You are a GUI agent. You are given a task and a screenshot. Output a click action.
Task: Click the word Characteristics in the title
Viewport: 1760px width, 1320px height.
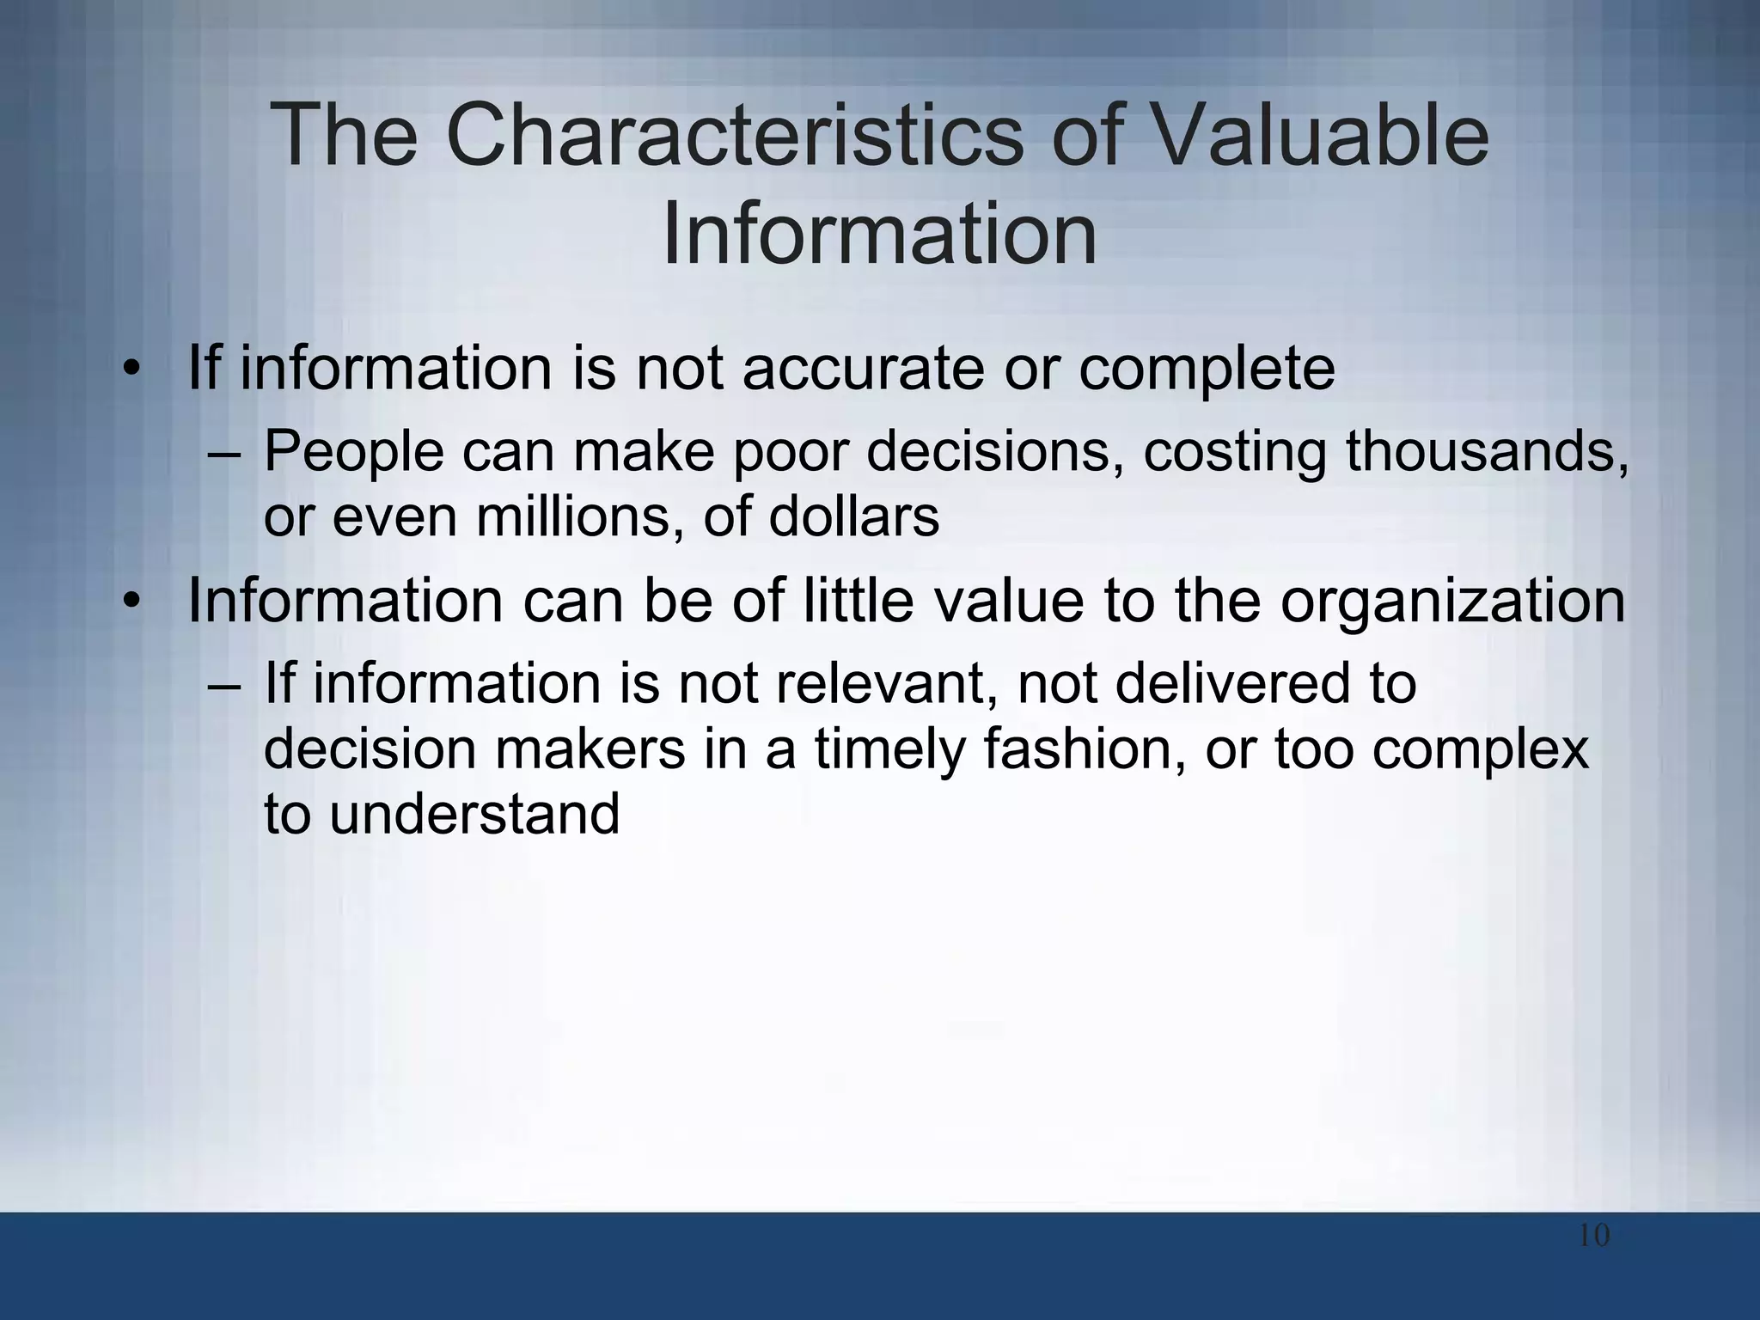pos(734,136)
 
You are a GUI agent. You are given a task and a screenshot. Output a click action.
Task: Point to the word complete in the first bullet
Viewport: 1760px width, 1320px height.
pos(1207,370)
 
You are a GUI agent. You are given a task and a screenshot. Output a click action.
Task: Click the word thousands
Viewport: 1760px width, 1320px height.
pos(1486,451)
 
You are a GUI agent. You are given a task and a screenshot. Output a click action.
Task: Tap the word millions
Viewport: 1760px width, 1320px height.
pos(579,517)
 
